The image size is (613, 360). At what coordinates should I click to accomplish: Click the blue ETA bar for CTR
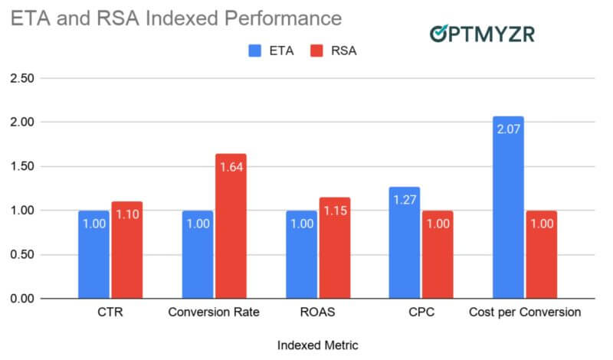[x=93, y=254]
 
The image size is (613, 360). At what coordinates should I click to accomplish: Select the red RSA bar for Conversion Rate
[x=231, y=226]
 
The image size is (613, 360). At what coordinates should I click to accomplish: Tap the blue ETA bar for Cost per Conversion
[x=508, y=207]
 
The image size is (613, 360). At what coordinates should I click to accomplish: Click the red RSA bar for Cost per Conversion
[x=541, y=254]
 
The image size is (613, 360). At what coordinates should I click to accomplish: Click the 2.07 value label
[x=508, y=131]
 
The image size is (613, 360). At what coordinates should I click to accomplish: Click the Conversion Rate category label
[x=215, y=313]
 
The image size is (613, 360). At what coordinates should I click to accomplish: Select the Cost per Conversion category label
[x=525, y=313]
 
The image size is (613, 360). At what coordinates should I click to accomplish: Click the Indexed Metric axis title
[x=317, y=345]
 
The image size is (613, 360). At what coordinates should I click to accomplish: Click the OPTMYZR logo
[x=482, y=33]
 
